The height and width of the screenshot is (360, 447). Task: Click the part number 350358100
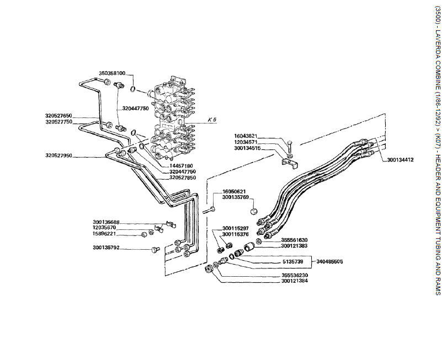pos(113,73)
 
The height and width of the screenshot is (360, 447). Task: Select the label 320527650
pos(59,116)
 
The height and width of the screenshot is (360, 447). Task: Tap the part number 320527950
pos(59,156)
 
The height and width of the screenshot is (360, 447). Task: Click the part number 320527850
pos(183,178)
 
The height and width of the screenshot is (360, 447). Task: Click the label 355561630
pos(294,240)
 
